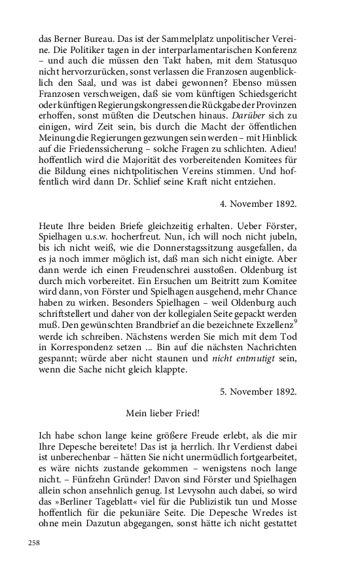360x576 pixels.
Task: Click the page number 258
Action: (x=35, y=543)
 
